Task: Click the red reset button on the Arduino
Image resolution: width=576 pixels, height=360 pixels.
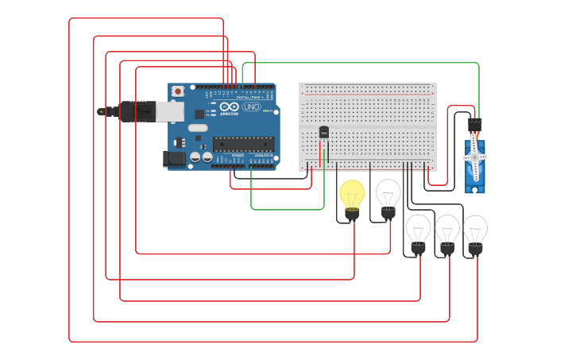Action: click(177, 91)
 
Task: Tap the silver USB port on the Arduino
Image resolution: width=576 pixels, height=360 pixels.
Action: click(169, 111)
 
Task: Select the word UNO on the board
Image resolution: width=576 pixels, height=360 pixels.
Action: click(250, 106)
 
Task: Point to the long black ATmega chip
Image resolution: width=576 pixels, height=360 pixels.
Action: click(242, 144)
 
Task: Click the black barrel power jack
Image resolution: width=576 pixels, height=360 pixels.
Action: click(174, 159)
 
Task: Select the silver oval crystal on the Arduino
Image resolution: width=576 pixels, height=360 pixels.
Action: click(198, 128)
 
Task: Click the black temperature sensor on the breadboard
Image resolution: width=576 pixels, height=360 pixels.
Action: click(323, 132)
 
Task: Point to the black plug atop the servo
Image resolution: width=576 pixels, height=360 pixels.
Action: click(474, 125)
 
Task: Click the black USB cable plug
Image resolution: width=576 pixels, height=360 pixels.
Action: click(137, 111)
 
